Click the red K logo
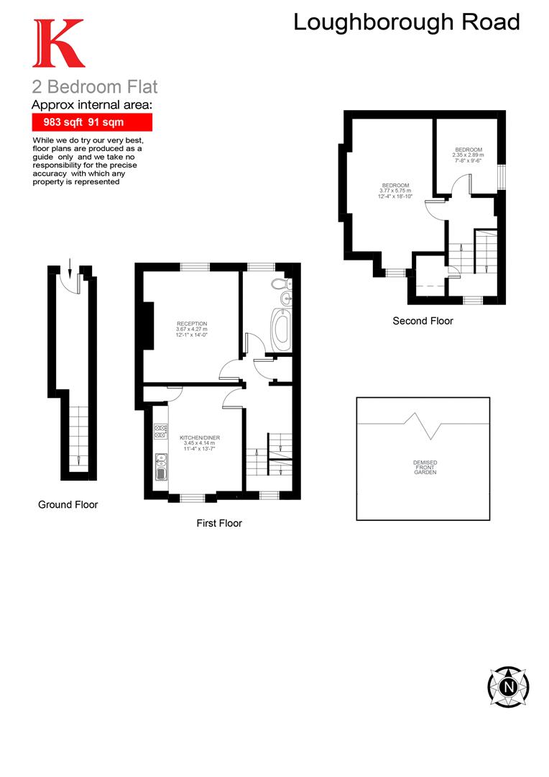pos(58,44)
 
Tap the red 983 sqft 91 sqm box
pos(91,122)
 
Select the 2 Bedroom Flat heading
pos(94,87)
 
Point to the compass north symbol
pos(509,686)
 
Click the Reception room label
pos(191,329)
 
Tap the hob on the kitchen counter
pos(160,432)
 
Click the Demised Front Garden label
pos(425,467)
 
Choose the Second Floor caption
pos(423,321)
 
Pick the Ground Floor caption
pos(68,504)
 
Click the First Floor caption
pos(219,523)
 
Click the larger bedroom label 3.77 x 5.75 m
pos(395,191)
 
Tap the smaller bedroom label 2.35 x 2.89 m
pos(468,155)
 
